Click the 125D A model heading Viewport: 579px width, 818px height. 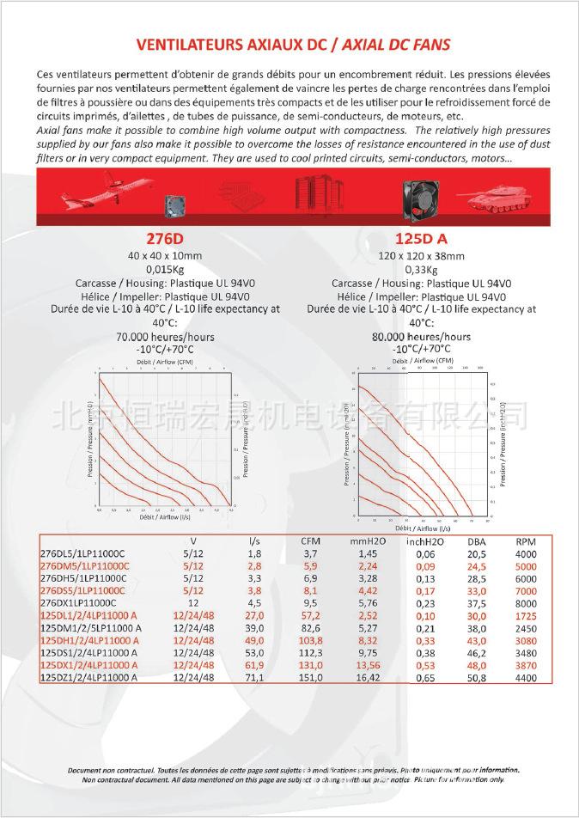[421, 239]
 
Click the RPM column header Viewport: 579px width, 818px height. [526, 542]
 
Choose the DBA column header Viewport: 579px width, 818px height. [476, 542]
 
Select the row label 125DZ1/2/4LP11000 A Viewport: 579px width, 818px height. [90, 678]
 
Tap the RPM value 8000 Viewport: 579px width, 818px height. [526, 603]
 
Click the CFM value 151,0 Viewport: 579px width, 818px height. [310, 678]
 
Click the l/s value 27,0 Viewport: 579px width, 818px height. [254, 616]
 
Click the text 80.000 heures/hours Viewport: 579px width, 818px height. [421, 337]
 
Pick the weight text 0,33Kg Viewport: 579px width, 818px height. [421, 269]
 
